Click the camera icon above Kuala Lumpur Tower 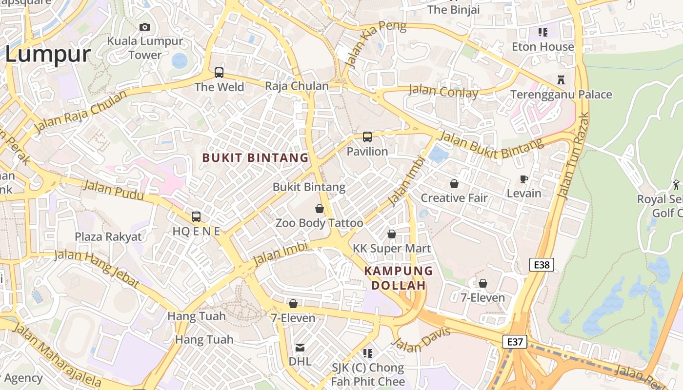tap(145, 27)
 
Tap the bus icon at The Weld tap(219, 73)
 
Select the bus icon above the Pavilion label tap(367, 137)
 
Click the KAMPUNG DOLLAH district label tap(399, 278)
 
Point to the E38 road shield tap(542, 265)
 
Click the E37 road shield tap(515, 342)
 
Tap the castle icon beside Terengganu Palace tap(561, 79)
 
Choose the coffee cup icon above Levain tap(524, 179)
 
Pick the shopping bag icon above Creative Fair tap(454, 184)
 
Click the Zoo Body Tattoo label tap(320, 223)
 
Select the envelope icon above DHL tap(300, 348)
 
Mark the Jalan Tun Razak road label tap(573, 156)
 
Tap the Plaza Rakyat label tap(108, 237)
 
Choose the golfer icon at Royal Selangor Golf tap(676, 185)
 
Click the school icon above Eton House tap(542, 32)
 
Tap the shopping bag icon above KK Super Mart tap(392, 234)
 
